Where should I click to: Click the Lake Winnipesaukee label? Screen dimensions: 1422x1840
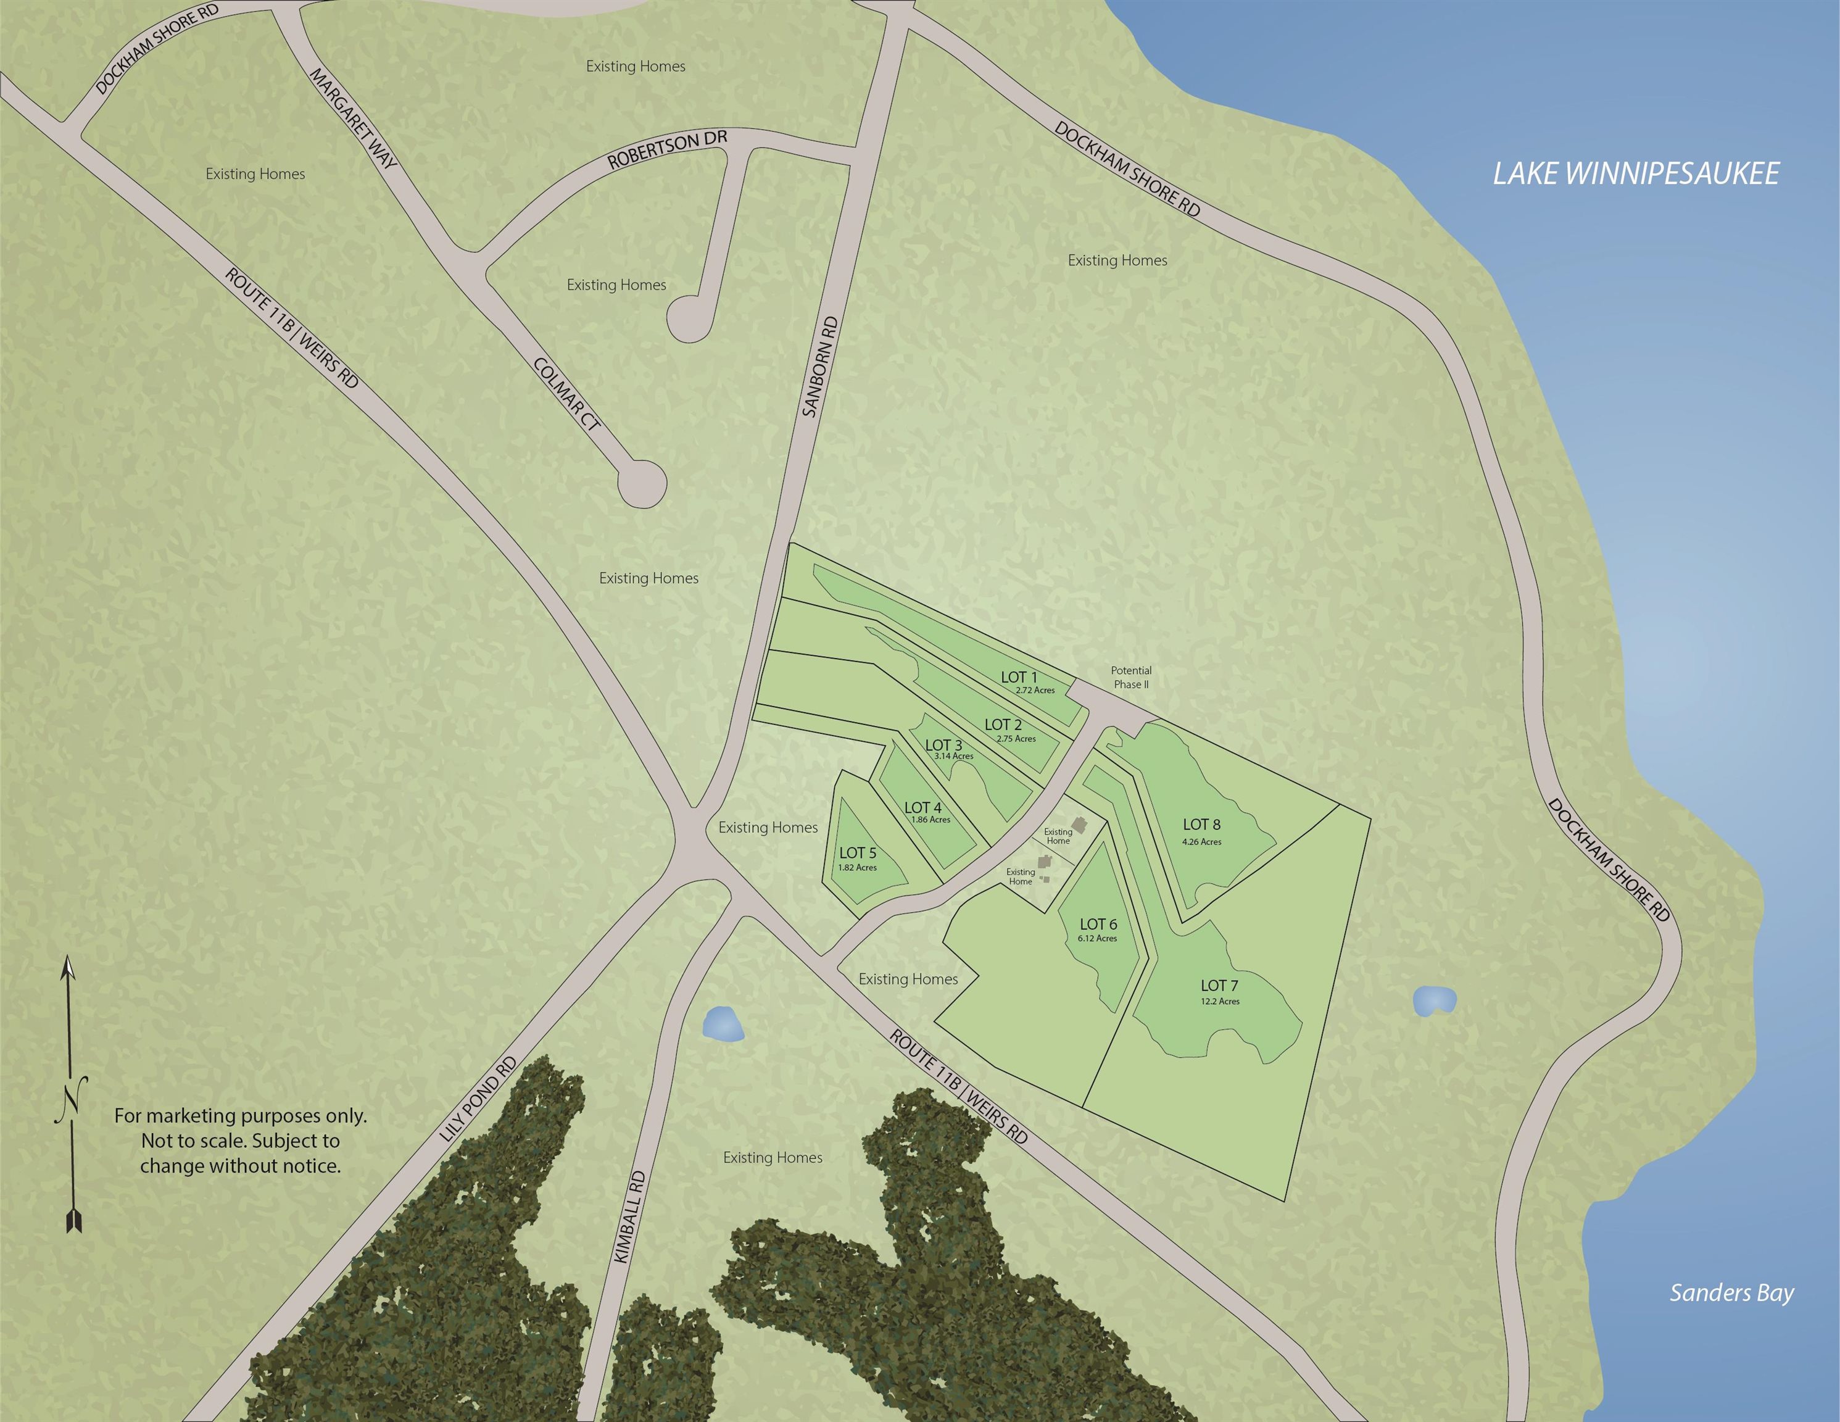(x=1635, y=173)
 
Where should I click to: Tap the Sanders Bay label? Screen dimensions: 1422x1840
(x=1731, y=1292)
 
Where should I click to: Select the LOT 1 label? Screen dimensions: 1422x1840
(x=1019, y=677)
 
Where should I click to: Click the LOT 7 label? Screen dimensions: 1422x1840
(x=1219, y=986)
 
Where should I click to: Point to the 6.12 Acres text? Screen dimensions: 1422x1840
(x=1097, y=938)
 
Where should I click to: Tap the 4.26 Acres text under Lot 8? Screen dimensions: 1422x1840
(x=1201, y=841)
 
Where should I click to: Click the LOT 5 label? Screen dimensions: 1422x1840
(x=858, y=853)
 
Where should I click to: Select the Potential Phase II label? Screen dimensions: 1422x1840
(x=1130, y=678)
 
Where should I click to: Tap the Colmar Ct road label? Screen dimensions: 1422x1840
(x=567, y=394)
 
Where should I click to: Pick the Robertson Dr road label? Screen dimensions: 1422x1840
(x=667, y=149)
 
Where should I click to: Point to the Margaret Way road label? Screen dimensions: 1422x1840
(x=353, y=117)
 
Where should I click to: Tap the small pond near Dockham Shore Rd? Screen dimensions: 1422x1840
(x=1434, y=1000)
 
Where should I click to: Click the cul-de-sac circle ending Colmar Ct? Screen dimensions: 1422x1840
(x=642, y=484)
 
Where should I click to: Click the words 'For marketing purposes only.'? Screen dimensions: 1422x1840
(x=240, y=1115)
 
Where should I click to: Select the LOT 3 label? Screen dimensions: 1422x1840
(x=943, y=745)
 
